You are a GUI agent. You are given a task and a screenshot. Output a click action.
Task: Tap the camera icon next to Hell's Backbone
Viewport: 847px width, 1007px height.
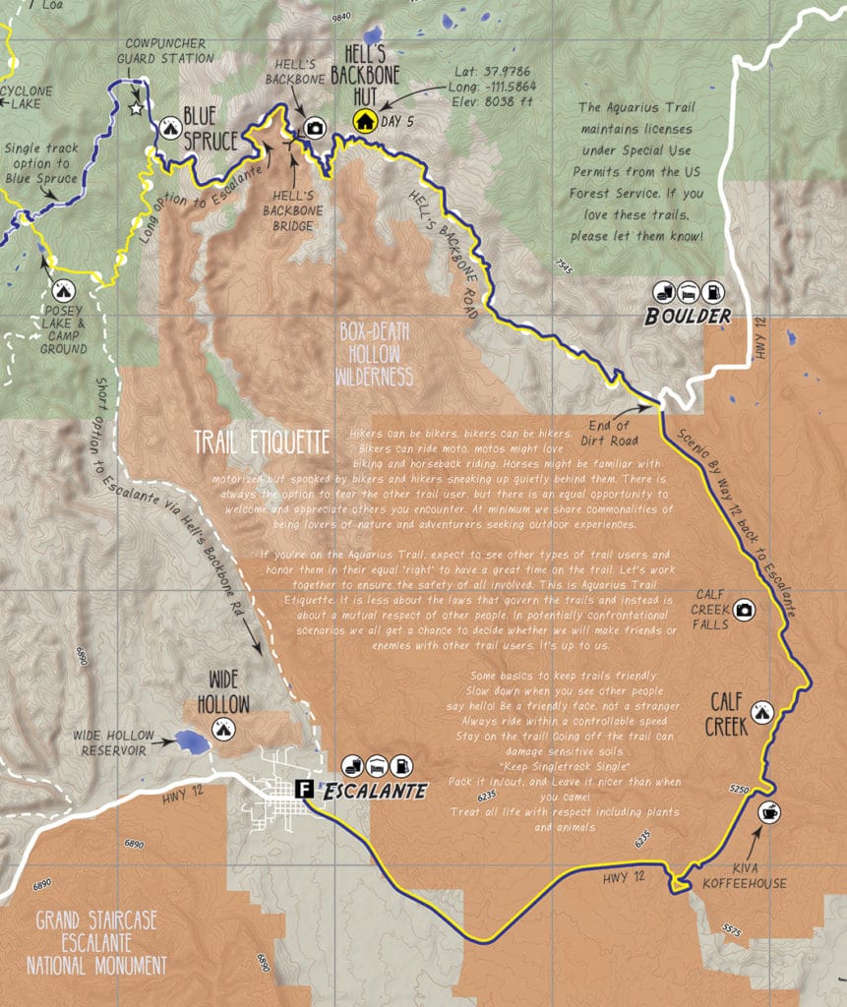click(315, 127)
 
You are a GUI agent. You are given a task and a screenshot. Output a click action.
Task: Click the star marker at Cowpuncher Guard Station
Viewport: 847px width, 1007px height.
click(136, 108)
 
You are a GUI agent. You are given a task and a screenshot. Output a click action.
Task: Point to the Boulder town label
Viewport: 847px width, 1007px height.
click(689, 316)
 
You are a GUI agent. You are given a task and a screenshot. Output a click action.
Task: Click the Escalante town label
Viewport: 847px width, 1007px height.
click(375, 790)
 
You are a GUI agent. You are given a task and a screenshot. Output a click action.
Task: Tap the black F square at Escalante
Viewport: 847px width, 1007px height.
click(305, 788)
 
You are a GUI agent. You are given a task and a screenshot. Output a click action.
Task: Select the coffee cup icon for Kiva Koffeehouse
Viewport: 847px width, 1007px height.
click(768, 812)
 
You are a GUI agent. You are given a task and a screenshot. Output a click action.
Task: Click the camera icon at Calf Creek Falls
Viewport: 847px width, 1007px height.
click(745, 610)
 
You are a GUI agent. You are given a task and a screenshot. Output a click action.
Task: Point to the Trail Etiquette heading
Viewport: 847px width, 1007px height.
click(261, 442)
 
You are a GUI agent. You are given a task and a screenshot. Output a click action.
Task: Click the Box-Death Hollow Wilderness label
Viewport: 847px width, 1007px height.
click(374, 354)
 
